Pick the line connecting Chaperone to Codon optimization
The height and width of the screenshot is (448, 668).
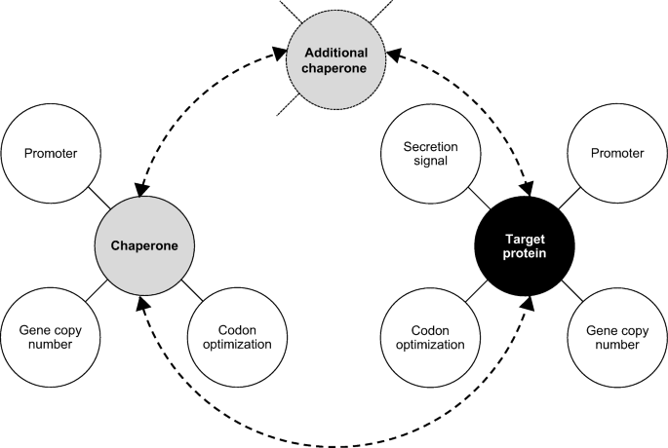coord(191,291)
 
